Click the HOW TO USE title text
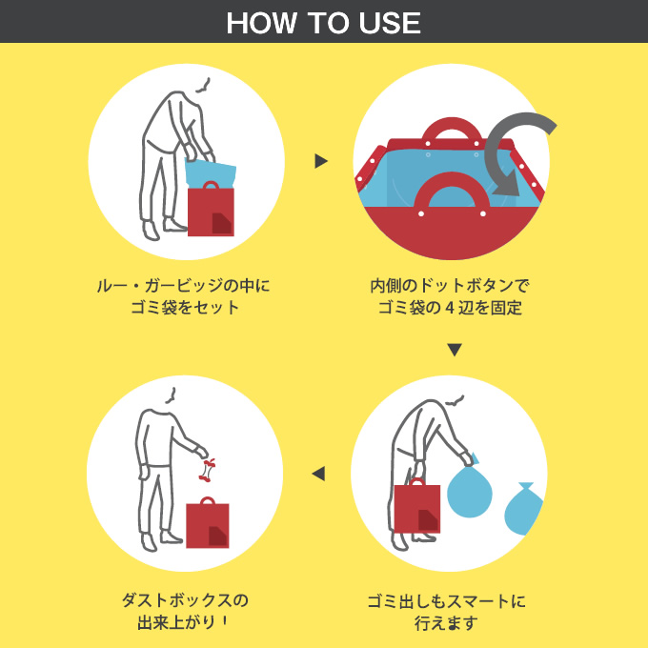click(x=323, y=23)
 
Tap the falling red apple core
click(x=208, y=470)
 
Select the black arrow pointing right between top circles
click(x=321, y=161)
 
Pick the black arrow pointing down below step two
click(x=455, y=350)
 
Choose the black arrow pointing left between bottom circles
click(x=318, y=474)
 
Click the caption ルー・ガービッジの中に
click(x=183, y=286)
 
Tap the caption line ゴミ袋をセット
click(x=185, y=308)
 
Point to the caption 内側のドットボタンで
click(x=449, y=286)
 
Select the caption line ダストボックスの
click(x=185, y=600)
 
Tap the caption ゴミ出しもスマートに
click(x=446, y=601)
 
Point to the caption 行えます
click(x=446, y=623)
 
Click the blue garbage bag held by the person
click(x=470, y=488)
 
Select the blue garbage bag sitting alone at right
click(x=524, y=509)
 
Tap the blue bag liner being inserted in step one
click(x=209, y=172)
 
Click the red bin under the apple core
click(x=208, y=522)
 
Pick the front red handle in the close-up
click(x=452, y=193)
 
